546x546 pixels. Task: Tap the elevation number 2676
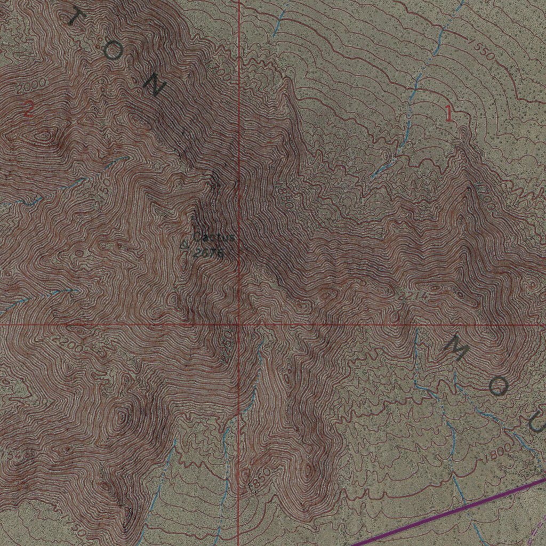(x=207, y=254)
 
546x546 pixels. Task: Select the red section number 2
(x=29, y=110)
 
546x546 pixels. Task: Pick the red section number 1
(x=449, y=114)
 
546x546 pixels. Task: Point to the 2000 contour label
(x=30, y=86)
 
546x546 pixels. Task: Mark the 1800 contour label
(x=497, y=454)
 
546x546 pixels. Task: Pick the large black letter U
(x=537, y=424)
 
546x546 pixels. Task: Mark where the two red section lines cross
(x=238, y=324)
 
